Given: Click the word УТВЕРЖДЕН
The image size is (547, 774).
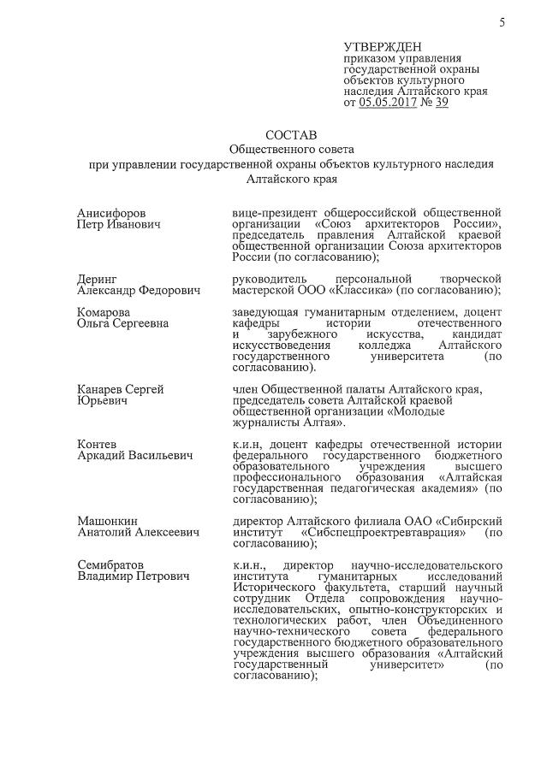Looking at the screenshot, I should (383, 46).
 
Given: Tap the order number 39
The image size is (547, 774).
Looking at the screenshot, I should (442, 102).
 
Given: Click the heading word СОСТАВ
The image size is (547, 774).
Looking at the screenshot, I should (291, 135).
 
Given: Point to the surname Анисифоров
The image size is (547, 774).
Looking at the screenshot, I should (111, 212).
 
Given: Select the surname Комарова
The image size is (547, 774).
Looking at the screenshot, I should (104, 312).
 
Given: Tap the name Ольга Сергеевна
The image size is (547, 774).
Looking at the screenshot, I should (122, 323).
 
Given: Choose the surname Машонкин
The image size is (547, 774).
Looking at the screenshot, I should (108, 521).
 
